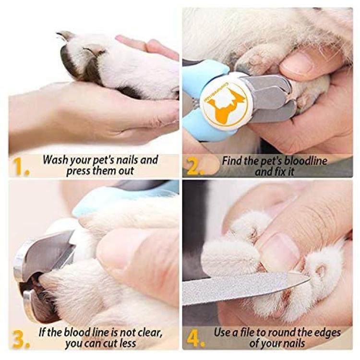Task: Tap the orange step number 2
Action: coord(195,167)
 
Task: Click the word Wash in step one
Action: coord(55,159)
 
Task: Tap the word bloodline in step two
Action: coord(306,160)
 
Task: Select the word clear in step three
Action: coord(149,332)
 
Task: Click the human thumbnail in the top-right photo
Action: coord(297,63)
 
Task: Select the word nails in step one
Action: coord(126,159)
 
